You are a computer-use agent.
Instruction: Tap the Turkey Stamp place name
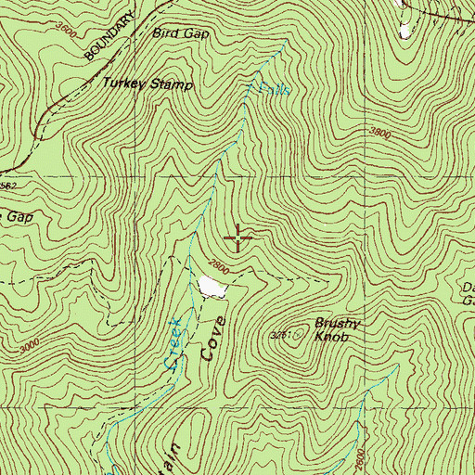[148, 84]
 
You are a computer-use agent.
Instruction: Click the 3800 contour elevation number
[379, 132]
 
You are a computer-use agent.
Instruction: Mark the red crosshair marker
[238, 238]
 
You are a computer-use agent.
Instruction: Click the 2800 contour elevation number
[217, 265]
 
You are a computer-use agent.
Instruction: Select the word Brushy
[335, 325]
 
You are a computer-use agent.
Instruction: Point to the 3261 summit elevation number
[281, 334]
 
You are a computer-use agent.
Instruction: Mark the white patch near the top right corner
[404, 30]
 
